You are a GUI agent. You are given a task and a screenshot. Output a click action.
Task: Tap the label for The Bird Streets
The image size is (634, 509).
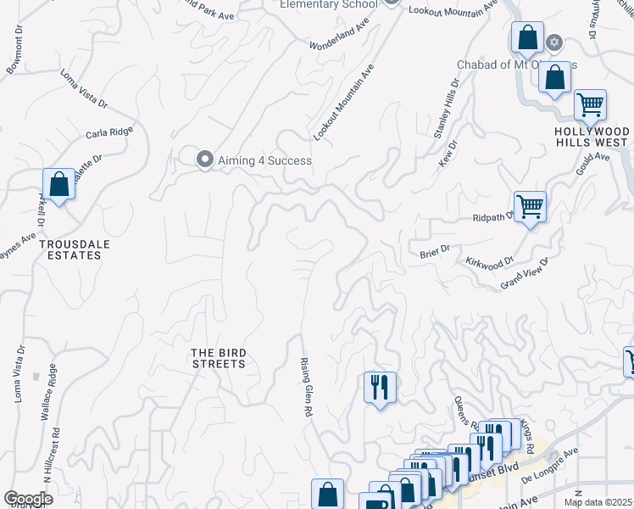click(x=218, y=358)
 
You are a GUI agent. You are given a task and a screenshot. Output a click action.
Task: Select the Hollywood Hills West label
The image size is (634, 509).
click(x=592, y=137)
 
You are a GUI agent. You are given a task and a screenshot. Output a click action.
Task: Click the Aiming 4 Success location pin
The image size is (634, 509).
click(x=204, y=159)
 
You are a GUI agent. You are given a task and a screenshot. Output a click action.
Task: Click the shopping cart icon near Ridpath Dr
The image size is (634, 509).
click(x=530, y=205)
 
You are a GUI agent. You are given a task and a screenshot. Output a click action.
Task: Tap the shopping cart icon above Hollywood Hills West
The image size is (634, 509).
click(x=590, y=105)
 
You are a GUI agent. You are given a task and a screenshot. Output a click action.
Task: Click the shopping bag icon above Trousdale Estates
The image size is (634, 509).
click(x=58, y=183)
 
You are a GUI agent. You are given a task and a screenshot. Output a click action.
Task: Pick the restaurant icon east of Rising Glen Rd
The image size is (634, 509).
click(x=380, y=387)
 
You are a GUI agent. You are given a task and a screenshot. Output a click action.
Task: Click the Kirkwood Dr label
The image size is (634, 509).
click(x=490, y=264)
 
